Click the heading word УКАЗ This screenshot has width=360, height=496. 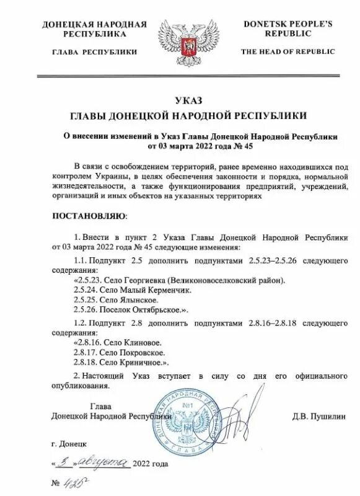coord(180,101)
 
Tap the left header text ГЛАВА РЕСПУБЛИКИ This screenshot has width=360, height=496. coord(94,52)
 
